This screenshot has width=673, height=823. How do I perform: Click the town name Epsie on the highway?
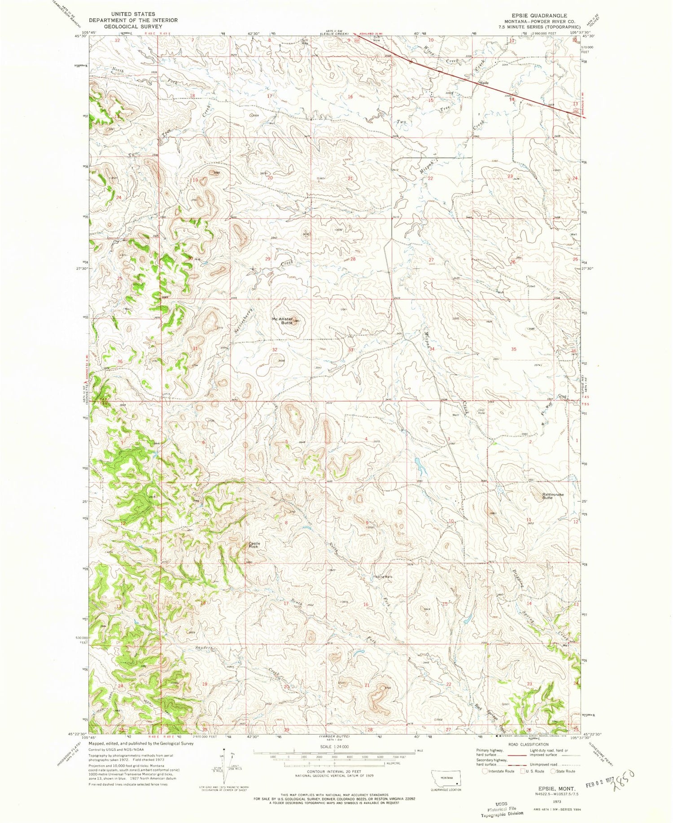click(484, 83)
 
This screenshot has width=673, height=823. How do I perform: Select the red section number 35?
click(514, 349)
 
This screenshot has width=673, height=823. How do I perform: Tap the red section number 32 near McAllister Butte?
click(274, 349)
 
